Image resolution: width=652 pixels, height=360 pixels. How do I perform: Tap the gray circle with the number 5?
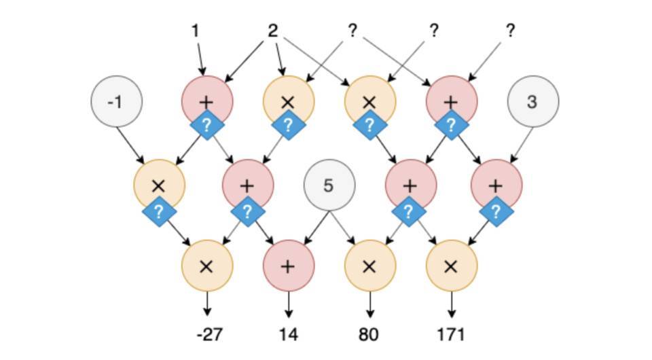[329, 185]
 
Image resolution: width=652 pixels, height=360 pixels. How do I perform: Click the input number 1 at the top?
[196, 31]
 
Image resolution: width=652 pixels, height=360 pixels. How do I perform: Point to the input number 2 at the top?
[273, 31]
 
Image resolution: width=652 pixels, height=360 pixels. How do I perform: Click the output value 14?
[288, 334]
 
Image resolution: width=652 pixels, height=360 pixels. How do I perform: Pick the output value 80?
[369, 334]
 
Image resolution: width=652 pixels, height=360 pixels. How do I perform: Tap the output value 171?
[451, 334]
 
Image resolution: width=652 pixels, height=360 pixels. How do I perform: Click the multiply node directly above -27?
[207, 266]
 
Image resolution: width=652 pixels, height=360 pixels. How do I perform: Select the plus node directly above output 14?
[288, 266]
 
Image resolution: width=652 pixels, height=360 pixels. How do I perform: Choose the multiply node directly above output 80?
[369, 266]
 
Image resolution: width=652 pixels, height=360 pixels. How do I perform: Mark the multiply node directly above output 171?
[451, 266]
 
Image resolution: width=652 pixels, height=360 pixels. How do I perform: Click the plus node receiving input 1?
[207, 101]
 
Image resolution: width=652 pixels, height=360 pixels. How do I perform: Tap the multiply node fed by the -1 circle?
[159, 185]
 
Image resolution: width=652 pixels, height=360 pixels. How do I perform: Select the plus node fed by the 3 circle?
[496, 185]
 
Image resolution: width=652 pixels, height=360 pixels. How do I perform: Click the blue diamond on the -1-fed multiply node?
[160, 212]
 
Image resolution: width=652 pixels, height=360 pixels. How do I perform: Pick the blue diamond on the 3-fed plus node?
[496, 212]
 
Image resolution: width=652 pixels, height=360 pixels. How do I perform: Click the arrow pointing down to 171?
[451, 304]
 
